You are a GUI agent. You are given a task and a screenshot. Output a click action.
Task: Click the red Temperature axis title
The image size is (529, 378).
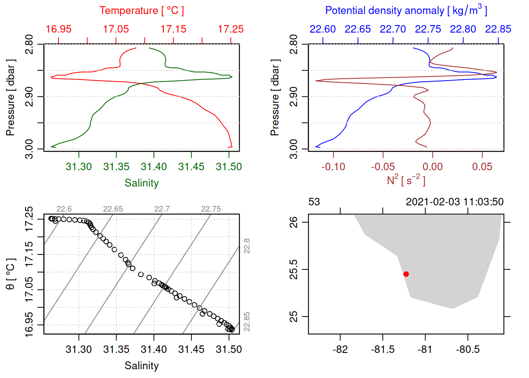click(x=141, y=11)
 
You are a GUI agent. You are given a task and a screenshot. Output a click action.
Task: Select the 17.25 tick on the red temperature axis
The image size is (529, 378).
click(x=231, y=29)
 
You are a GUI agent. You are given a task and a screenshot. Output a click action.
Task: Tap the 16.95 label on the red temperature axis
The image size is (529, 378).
click(x=59, y=29)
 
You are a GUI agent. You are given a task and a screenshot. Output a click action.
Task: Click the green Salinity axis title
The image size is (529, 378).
click(x=141, y=183)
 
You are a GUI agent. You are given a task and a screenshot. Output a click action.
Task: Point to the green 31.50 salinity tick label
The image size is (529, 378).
click(x=229, y=167)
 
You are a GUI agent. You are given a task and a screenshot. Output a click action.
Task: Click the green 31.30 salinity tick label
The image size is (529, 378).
click(x=79, y=167)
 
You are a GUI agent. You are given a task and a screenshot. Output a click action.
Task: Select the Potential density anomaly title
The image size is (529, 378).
click(x=406, y=11)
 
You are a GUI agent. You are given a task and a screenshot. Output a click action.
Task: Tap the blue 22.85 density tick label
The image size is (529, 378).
click(x=498, y=29)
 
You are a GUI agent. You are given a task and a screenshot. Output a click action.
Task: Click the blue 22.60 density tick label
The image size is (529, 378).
click(x=323, y=29)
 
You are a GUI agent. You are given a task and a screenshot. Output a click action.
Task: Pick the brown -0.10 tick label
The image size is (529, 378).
click(x=333, y=167)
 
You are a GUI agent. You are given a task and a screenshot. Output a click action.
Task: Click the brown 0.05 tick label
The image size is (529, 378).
click(x=482, y=167)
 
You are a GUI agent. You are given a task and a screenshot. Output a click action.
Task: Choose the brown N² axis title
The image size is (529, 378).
click(x=406, y=180)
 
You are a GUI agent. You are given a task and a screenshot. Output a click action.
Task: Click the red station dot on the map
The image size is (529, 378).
click(x=406, y=274)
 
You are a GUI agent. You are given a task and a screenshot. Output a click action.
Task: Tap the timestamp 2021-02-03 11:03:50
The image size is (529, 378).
click(x=455, y=202)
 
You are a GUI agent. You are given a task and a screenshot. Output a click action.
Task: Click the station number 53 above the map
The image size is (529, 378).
click(x=314, y=202)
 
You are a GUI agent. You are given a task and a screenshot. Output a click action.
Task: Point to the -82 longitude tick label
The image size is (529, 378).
click(x=340, y=350)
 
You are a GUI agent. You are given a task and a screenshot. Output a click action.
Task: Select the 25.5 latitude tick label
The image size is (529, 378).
click(x=294, y=269)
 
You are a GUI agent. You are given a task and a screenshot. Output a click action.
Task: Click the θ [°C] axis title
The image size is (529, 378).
click(x=10, y=274)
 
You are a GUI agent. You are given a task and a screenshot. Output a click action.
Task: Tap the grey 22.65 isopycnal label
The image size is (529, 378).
click(x=113, y=209)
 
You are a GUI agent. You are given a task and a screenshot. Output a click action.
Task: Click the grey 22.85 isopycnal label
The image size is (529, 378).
click(x=247, y=322)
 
